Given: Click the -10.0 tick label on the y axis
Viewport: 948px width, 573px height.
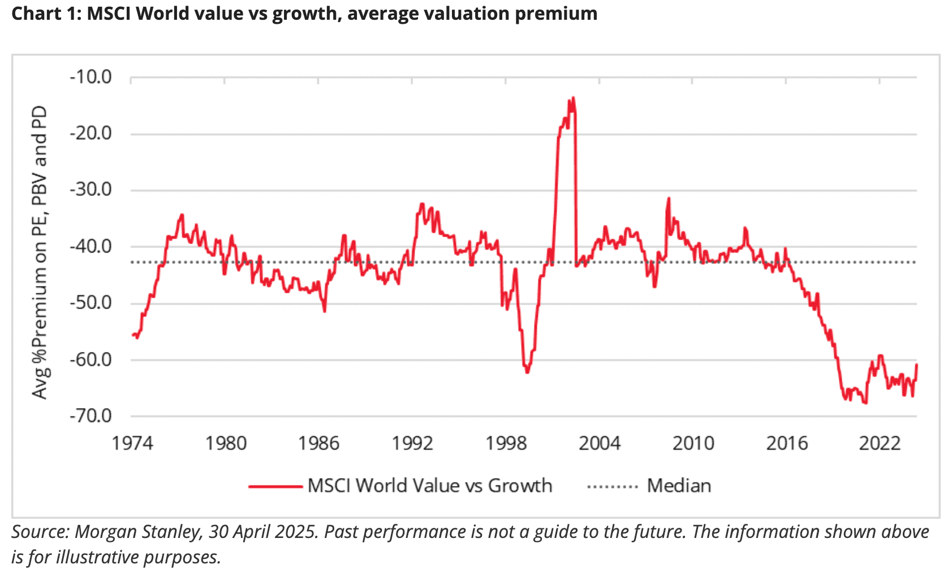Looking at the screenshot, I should coord(91,77).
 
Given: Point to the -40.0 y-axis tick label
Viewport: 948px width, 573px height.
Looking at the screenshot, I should coord(91,246).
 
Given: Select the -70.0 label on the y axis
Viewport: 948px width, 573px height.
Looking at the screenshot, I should coord(91,416).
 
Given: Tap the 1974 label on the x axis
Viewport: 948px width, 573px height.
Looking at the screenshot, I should coord(132,443).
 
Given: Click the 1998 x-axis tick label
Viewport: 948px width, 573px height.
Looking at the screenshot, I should coord(506,443).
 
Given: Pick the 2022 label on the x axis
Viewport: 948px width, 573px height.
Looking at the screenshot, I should coord(880,443).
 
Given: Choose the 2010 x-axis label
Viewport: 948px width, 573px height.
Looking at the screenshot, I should coord(693,443).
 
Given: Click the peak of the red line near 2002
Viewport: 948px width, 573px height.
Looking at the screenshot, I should coord(573,98).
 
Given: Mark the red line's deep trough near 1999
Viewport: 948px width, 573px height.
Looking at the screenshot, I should coord(527,371).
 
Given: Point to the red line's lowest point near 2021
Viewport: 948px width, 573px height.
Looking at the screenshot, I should coord(865,403).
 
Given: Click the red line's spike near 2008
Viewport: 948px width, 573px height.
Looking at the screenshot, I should coord(669,199).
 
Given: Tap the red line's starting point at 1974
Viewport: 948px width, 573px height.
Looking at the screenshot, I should coord(132,335).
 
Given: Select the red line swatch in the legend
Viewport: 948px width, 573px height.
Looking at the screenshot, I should coord(275,486).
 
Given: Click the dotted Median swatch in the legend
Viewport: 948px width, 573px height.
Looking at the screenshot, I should coord(613,486).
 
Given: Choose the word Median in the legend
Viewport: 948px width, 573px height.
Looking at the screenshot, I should coord(679,486).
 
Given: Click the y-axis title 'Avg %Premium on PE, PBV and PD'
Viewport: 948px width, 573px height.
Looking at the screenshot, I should coord(40,252).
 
